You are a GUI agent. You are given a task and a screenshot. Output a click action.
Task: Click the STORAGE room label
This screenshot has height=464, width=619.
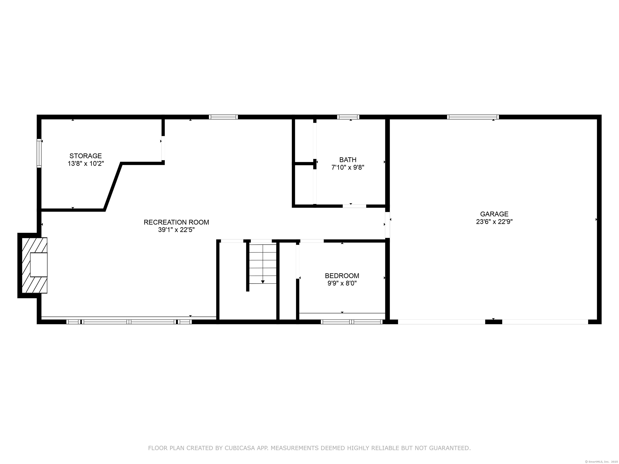(x=86, y=156)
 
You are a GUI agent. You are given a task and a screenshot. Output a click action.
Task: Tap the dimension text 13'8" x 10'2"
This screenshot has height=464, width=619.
(x=86, y=164)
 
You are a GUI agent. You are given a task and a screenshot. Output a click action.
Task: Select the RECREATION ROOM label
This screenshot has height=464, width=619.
(x=176, y=222)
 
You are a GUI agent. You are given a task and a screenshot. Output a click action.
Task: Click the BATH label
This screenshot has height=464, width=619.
(x=348, y=160)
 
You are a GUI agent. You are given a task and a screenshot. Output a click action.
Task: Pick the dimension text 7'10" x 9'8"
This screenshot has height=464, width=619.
(x=348, y=168)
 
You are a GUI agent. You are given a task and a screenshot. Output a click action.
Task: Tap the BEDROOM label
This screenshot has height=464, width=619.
(x=342, y=276)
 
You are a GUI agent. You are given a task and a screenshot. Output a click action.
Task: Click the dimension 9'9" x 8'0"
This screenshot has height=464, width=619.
(x=342, y=283)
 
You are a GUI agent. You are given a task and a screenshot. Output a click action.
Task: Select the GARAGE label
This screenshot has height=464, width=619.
(x=494, y=214)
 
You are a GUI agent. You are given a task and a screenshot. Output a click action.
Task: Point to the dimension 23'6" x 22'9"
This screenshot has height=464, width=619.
(x=494, y=222)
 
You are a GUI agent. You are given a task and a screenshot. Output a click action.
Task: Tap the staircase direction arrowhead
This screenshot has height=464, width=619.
(x=263, y=282)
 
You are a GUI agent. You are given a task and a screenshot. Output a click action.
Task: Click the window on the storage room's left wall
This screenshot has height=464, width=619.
(x=39, y=153)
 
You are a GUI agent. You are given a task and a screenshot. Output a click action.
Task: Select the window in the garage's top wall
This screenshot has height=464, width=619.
(x=473, y=117)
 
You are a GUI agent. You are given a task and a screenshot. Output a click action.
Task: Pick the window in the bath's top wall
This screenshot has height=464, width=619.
(x=348, y=117)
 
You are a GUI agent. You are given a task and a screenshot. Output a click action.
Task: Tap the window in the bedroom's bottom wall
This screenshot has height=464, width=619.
(x=351, y=322)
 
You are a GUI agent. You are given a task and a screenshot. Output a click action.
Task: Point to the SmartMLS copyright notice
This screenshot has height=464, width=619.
(x=602, y=462)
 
